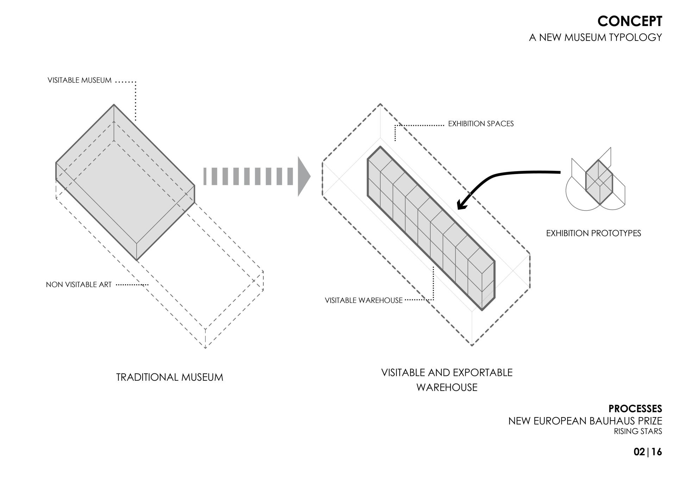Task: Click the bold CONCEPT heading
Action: pos(630,21)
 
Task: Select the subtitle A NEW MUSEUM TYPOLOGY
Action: pos(595,37)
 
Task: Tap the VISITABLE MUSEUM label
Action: pos(80,80)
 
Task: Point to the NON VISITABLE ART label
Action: pos(79,285)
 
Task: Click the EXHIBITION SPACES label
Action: pos(481,124)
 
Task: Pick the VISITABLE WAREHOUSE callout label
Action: pos(363,300)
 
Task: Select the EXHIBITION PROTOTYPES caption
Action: pos(593,233)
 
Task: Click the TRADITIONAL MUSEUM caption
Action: pos(169,377)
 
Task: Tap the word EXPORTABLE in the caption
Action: pos(483,372)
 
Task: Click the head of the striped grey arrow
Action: pos(303,176)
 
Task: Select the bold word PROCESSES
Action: pos(635,409)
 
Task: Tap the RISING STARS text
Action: pos(638,431)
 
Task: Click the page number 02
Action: pos(639,452)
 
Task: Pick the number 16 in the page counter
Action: pos(657,452)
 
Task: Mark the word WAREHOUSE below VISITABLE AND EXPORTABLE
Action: pos(447,387)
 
